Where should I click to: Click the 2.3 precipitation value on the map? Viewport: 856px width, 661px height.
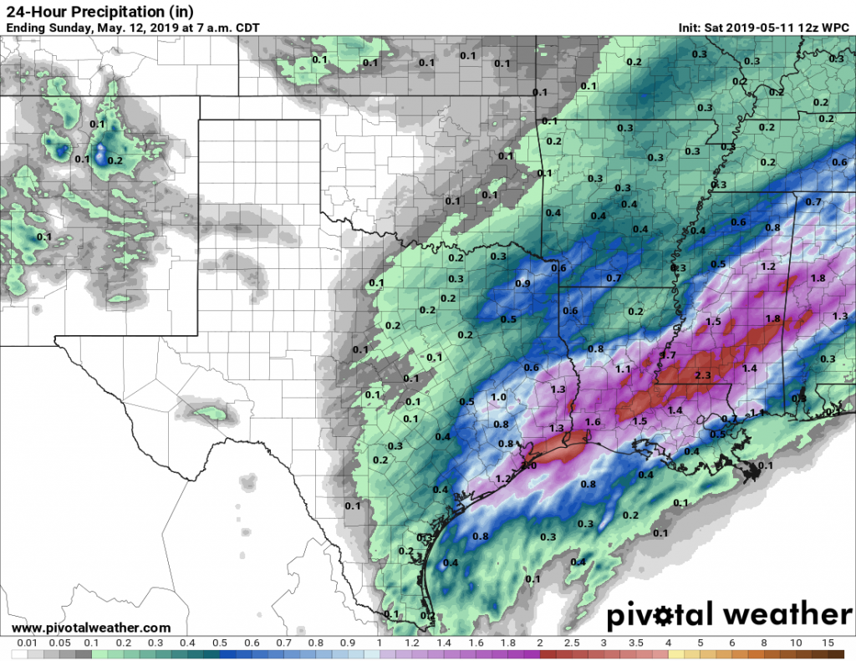pyautogui.click(x=702, y=376)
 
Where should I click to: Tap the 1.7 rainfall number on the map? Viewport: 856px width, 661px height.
pyautogui.click(x=667, y=356)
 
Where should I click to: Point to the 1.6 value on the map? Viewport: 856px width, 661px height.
pyautogui.click(x=594, y=422)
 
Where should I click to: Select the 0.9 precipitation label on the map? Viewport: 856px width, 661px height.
pyautogui.click(x=523, y=283)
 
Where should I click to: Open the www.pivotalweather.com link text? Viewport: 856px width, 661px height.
pyautogui.click(x=92, y=628)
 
